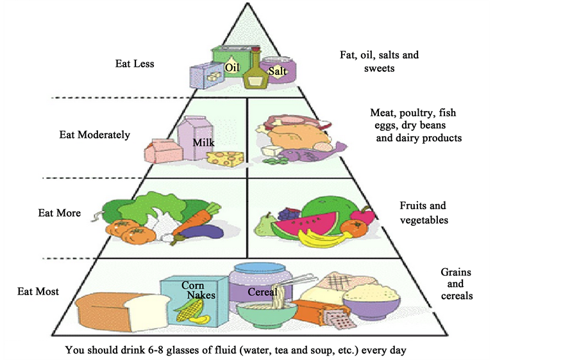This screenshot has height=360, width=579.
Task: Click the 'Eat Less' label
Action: [135, 64]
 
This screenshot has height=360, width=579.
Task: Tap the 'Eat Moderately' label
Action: [95, 135]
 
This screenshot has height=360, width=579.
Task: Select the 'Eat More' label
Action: [60, 212]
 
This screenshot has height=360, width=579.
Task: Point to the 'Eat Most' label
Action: [38, 291]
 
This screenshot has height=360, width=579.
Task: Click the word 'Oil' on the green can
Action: [232, 66]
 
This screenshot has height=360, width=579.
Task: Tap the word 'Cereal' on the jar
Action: [263, 292]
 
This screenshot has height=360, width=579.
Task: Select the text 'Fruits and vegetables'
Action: [423, 213]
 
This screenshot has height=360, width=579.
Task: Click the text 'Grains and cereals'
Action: [457, 284]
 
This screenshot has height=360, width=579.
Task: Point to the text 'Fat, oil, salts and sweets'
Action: [379, 61]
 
